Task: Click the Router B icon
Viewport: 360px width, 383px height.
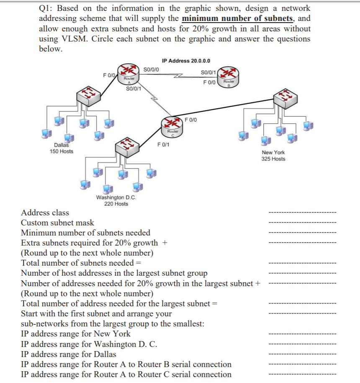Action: point(228,76)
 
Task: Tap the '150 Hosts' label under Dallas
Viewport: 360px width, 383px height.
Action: point(61,151)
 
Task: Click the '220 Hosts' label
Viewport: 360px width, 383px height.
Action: point(116,204)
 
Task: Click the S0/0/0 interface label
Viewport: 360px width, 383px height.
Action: point(151,70)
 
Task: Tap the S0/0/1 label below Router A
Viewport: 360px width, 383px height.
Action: point(133,88)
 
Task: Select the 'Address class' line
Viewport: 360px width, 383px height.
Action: point(45,213)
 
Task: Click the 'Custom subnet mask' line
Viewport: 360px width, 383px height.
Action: point(57,223)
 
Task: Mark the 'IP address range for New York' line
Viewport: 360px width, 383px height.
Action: point(76,334)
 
